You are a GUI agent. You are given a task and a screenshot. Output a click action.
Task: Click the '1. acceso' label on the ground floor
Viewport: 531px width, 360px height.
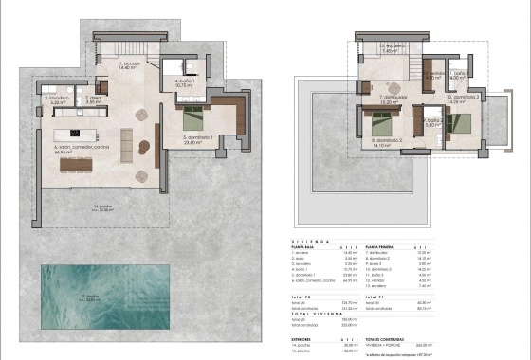[129, 65]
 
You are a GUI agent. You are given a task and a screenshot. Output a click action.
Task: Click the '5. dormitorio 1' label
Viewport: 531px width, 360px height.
[198, 138]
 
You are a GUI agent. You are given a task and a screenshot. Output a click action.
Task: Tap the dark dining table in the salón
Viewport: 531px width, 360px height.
[77, 165]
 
